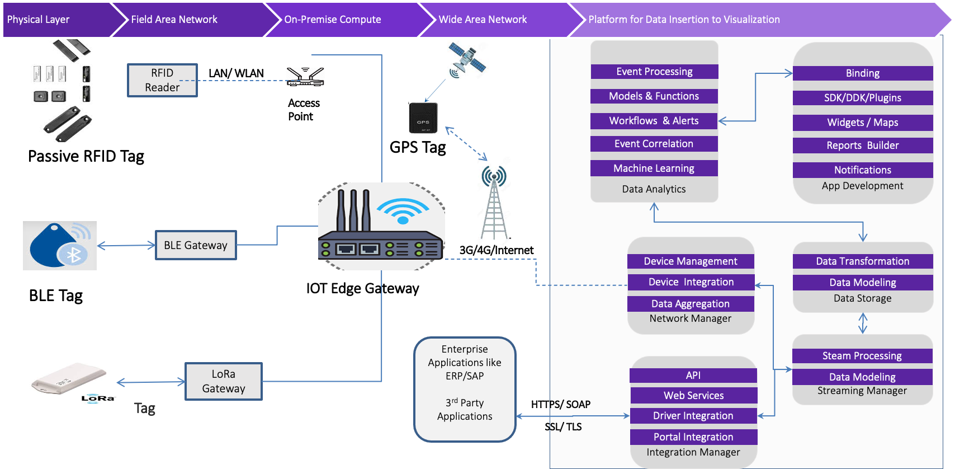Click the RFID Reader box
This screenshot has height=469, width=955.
point(162,80)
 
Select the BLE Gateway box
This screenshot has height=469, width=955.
point(196,245)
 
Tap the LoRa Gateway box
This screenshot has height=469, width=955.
point(224,381)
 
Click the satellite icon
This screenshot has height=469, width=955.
point(465,59)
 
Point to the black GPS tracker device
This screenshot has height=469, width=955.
point(424,118)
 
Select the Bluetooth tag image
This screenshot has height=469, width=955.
point(60,246)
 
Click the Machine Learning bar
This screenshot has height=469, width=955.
point(654,168)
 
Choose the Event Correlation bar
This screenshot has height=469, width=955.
point(654,144)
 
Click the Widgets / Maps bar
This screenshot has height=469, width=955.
point(862,123)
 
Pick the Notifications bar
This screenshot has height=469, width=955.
point(862,170)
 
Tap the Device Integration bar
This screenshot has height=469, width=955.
point(691,282)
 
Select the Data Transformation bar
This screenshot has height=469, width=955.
point(862,261)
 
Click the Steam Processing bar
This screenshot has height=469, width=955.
point(862,356)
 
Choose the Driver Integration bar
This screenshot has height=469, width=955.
point(693,416)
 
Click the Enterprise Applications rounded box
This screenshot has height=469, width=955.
point(465,389)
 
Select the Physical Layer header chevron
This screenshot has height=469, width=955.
point(56,20)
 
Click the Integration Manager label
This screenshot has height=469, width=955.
point(693,452)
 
